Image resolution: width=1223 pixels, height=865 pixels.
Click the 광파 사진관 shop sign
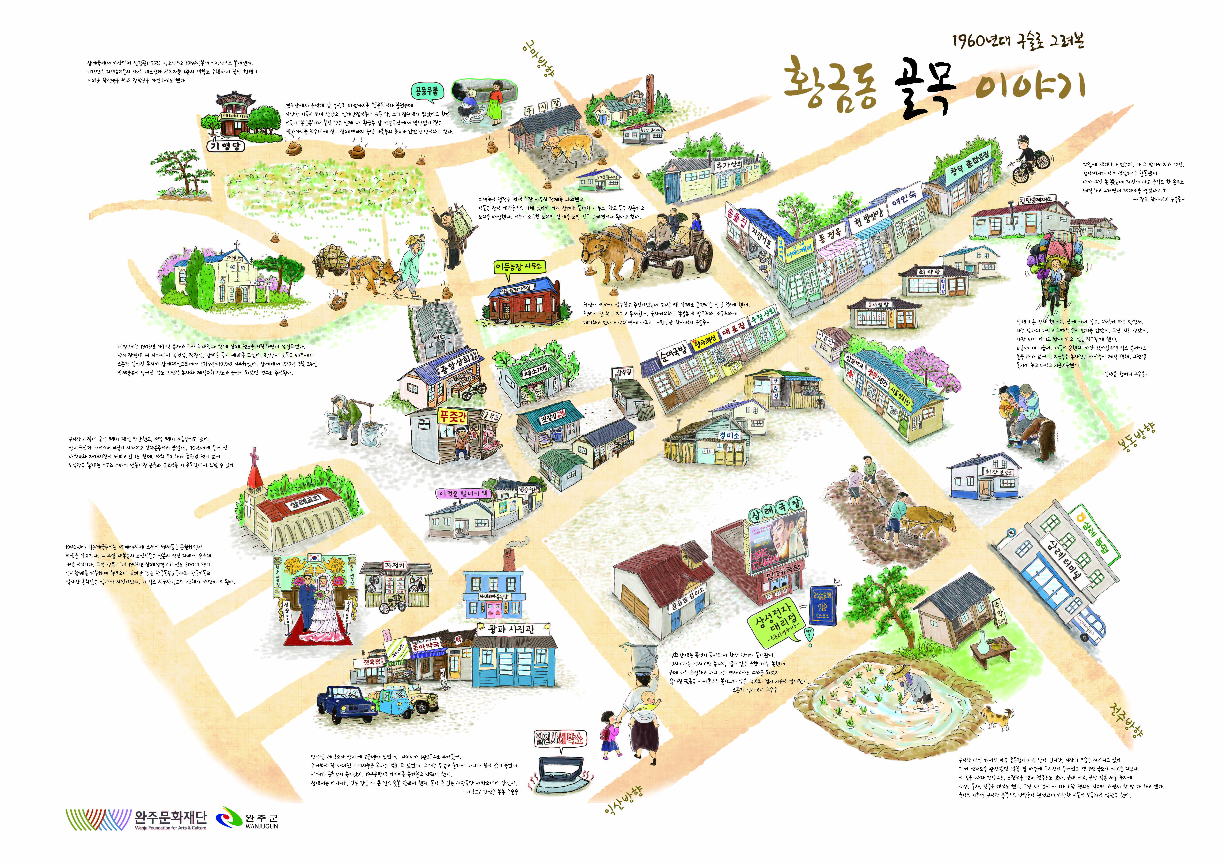513,629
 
